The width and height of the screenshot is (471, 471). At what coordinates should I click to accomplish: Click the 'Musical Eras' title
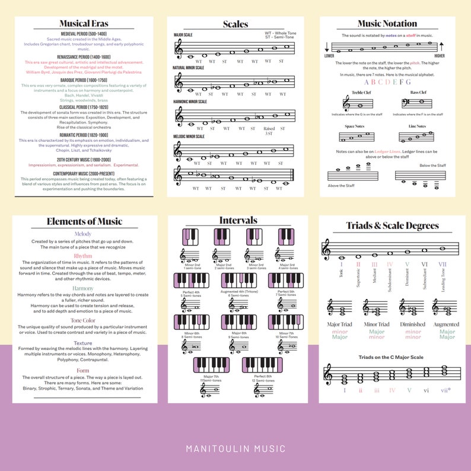83,24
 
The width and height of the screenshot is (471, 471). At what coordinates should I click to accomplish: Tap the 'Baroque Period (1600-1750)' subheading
83,80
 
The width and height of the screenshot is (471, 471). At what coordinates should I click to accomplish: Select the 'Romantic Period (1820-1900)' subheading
83,135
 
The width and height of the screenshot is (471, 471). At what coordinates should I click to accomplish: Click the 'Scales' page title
235,24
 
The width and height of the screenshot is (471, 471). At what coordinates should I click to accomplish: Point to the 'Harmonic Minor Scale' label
190,101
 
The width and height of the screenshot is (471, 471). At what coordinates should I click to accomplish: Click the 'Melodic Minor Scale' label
189,136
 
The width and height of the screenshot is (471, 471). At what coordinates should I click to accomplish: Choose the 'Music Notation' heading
387,24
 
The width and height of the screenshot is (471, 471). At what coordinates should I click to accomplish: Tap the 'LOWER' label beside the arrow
329,56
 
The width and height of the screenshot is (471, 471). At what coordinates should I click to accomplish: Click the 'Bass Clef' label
418,93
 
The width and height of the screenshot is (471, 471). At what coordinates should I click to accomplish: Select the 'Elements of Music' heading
84,222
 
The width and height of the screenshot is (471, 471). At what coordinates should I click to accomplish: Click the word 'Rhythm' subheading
83,256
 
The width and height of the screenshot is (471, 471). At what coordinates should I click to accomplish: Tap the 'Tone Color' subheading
83,320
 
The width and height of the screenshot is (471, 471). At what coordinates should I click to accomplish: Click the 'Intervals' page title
238,221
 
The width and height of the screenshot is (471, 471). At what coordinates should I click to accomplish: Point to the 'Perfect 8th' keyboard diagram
262,365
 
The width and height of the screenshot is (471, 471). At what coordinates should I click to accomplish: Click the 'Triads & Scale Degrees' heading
393,225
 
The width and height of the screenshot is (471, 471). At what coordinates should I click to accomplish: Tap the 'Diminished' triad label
413,324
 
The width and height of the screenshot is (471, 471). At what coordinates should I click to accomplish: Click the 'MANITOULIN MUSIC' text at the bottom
235,448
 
